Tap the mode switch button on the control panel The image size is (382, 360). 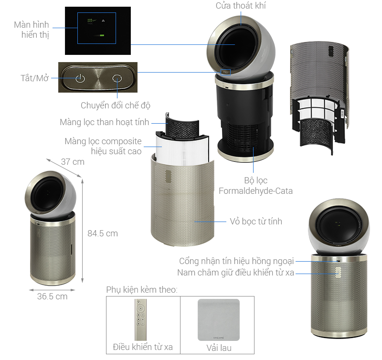click(117, 78)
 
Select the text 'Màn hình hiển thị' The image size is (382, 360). click(32, 30)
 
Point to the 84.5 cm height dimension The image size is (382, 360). click(102, 233)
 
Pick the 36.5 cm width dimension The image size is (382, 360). click(52, 296)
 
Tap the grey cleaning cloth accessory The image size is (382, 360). click(218, 318)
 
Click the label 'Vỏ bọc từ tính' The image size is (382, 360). click(256, 221)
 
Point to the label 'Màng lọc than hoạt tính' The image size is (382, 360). click(105, 122)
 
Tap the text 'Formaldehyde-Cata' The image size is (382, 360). click(255, 191)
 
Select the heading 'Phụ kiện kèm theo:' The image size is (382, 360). click(141, 290)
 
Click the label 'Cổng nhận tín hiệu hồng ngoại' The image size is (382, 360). click(236, 261)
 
